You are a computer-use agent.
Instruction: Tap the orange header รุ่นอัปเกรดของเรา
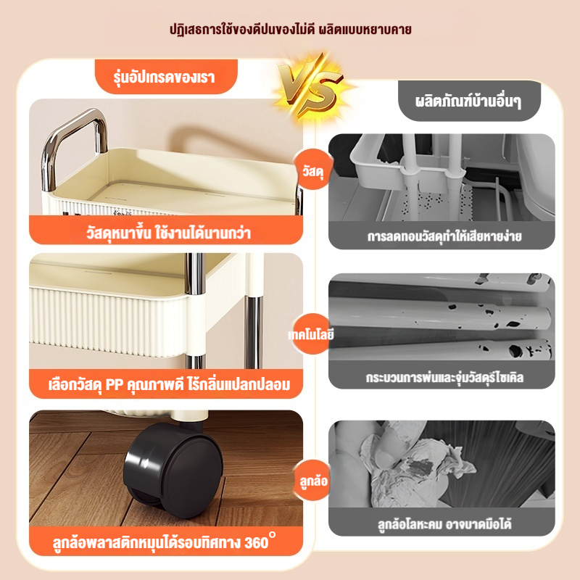coord(166,77)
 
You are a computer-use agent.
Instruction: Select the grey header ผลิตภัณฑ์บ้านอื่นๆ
coord(469,101)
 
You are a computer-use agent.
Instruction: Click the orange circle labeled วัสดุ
coord(313,170)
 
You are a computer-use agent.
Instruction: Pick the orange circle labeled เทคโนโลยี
coord(312,334)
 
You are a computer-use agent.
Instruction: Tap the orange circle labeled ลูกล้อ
coord(313,481)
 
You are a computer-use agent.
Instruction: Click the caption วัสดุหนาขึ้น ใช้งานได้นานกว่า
coord(169,233)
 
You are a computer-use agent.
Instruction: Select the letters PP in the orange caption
coord(115,385)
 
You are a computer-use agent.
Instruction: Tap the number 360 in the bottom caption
coord(256,542)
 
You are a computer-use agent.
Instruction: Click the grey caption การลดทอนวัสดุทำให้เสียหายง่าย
coord(444,236)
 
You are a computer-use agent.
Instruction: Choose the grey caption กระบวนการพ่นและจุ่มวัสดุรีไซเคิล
coord(444,378)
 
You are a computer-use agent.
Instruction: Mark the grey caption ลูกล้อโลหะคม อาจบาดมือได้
coord(444,523)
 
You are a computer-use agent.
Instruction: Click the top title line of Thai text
coord(291,29)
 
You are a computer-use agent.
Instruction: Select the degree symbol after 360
coord(273,534)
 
